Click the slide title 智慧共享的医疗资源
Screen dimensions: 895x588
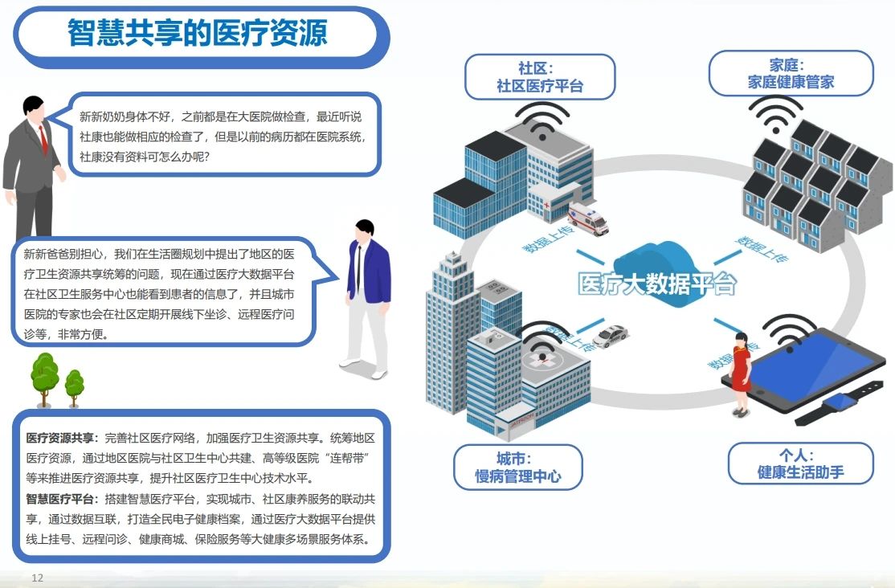[198, 33]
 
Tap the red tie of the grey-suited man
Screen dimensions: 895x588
[43, 140]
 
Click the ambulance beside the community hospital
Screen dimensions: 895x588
[588, 218]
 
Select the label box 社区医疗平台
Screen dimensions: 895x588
[540, 77]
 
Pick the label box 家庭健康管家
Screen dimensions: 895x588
[791, 74]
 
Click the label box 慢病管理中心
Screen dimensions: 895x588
[518, 468]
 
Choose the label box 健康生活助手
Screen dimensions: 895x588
[801, 463]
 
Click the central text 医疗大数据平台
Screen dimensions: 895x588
[657, 284]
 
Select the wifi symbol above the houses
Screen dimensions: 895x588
[775, 114]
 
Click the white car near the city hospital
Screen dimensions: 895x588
[610, 336]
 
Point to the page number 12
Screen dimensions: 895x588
[37, 578]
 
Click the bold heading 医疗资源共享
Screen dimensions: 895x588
[60, 438]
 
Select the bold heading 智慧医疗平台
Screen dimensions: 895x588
[60, 499]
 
